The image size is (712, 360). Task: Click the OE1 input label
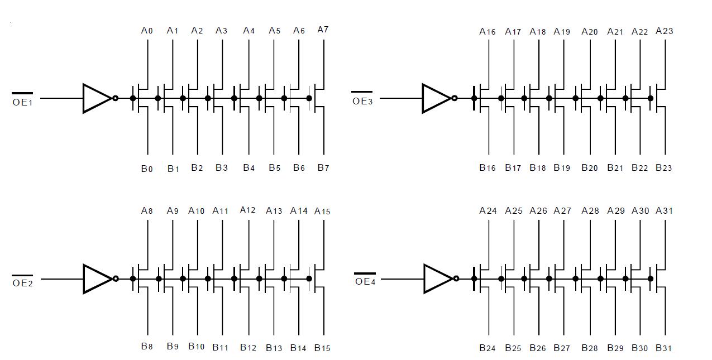[x=22, y=102]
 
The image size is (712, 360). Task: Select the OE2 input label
[x=22, y=282]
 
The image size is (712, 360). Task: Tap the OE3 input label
[x=362, y=101]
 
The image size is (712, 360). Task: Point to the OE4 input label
[x=365, y=281]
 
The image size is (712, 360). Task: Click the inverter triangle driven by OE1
[x=97, y=98]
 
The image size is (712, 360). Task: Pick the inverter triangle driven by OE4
[x=437, y=279]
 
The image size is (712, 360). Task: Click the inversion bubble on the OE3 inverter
[x=455, y=98]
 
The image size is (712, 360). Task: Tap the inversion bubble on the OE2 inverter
[x=116, y=279]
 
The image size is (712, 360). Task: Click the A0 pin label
[x=147, y=31]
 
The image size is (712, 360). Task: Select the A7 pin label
[x=323, y=30]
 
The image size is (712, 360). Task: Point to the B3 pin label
[x=222, y=167]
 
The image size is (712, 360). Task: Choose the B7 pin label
[x=323, y=167]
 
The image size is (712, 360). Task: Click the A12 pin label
[x=248, y=210]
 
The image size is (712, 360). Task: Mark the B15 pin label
[x=322, y=348]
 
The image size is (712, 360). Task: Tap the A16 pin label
[x=488, y=31]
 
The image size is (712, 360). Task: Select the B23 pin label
[x=664, y=167]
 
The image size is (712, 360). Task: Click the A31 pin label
[x=664, y=210]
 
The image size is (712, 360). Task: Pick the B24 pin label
[x=488, y=348]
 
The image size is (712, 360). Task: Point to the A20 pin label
[x=590, y=31]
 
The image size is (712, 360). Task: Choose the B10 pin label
[x=196, y=347]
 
